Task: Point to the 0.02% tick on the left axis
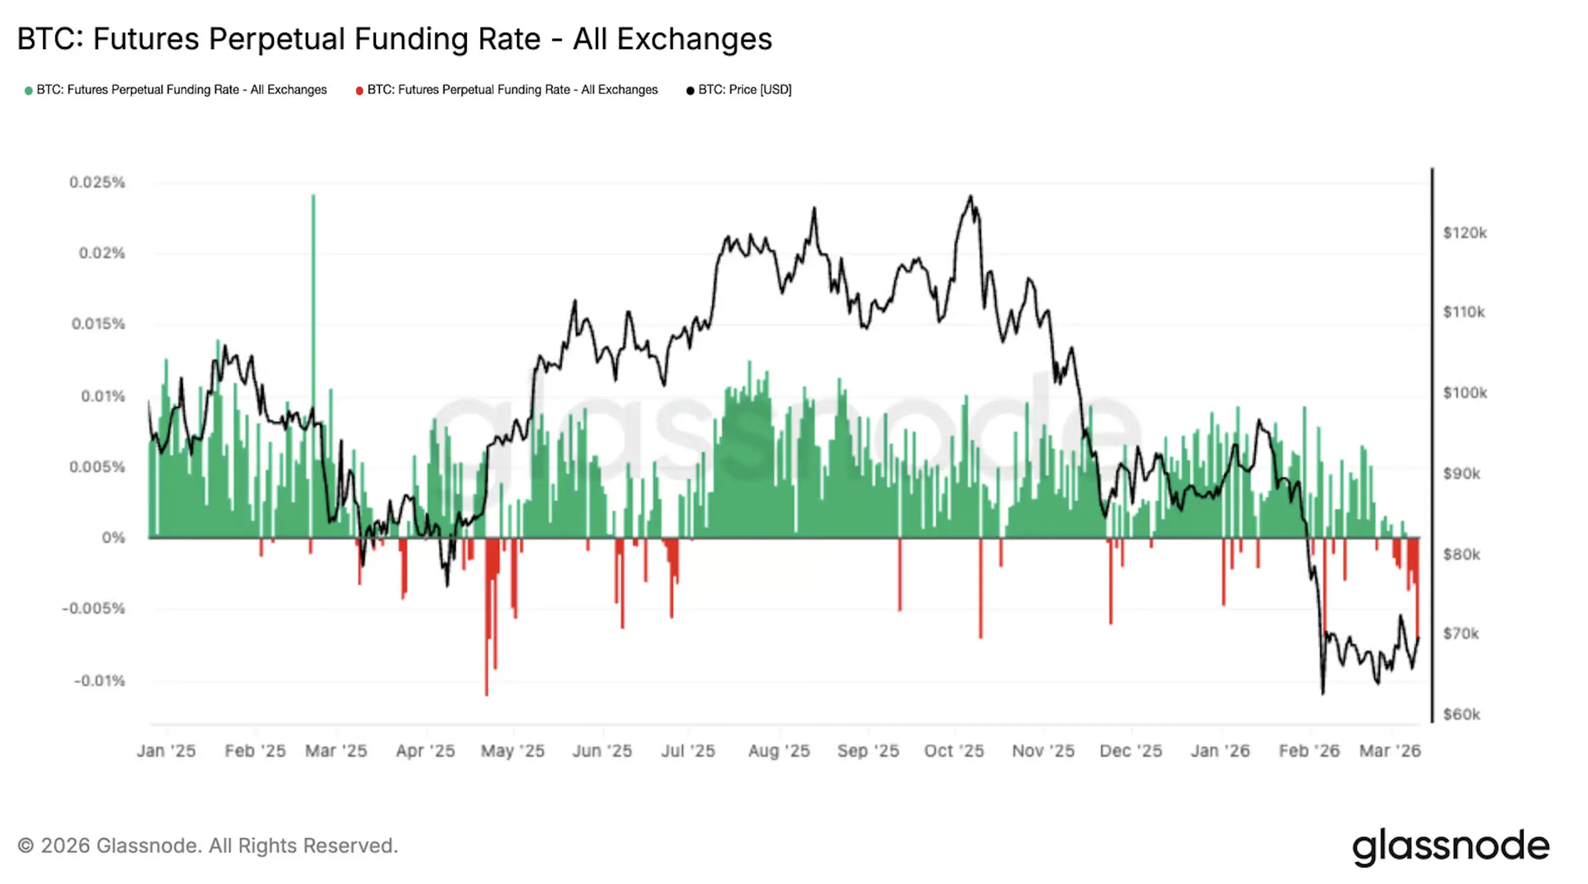pyautogui.click(x=102, y=252)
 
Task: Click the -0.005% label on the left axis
pyautogui.click(x=93, y=609)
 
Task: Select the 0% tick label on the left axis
pyautogui.click(x=113, y=538)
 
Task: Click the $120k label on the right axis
pyautogui.click(x=1464, y=233)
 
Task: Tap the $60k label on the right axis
pyautogui.click(x=1460, y=714)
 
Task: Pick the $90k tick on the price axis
pyautogui.click(x=1461, y=473)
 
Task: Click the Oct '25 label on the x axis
pyautogui.click(x=954, y=751)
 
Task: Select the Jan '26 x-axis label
pyautogui.click(x=1220, y=751)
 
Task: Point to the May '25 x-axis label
pyautogui.click(x=512, y=751)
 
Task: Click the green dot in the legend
pyautogui.click(x=28, y=90)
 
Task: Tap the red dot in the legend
pyautogui.click(x=359, y=90)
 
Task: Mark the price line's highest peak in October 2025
pyautogui.click(x=970, y=197)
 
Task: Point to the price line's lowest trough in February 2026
pyautogui.click(x=1322, y=692)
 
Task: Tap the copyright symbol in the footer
pyautogui.click(x=25, y=845)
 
